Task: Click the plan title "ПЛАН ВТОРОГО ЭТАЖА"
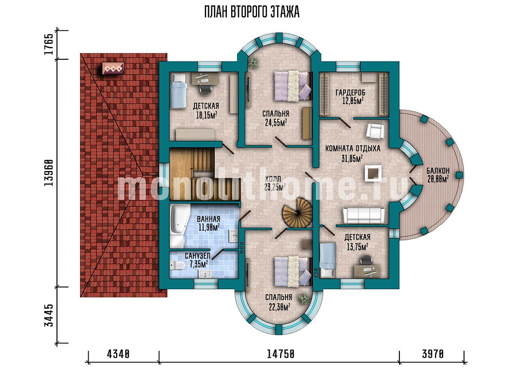pos(251,12)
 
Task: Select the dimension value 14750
pos(281,354)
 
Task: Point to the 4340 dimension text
pos(118,354)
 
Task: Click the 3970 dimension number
pos(433,354)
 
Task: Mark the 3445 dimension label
pos(49,315)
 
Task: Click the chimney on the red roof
pos(113,69)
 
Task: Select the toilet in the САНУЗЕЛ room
pos(177,266)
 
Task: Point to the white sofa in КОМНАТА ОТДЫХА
pos(363,215)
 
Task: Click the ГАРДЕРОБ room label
pos(350,92)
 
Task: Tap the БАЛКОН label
pos(438,170)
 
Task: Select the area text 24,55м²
pos(276,122)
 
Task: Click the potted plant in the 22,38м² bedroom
pos(304,298)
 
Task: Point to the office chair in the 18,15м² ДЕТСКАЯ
pos(205,89)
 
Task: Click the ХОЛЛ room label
pos(273,179)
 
